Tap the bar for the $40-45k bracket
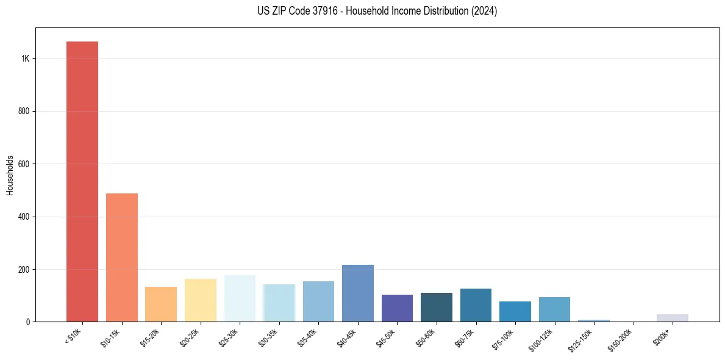tap(358, 293)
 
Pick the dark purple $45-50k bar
tap(397, 308)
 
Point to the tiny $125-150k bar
tap(594, 320)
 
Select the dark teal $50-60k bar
tap(437, 307)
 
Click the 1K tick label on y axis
tap(25, 59)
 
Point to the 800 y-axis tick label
tap(24, 111)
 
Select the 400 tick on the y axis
tap(24, 217)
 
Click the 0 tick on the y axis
tap(28, 322)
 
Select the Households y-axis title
tap(10, 175)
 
